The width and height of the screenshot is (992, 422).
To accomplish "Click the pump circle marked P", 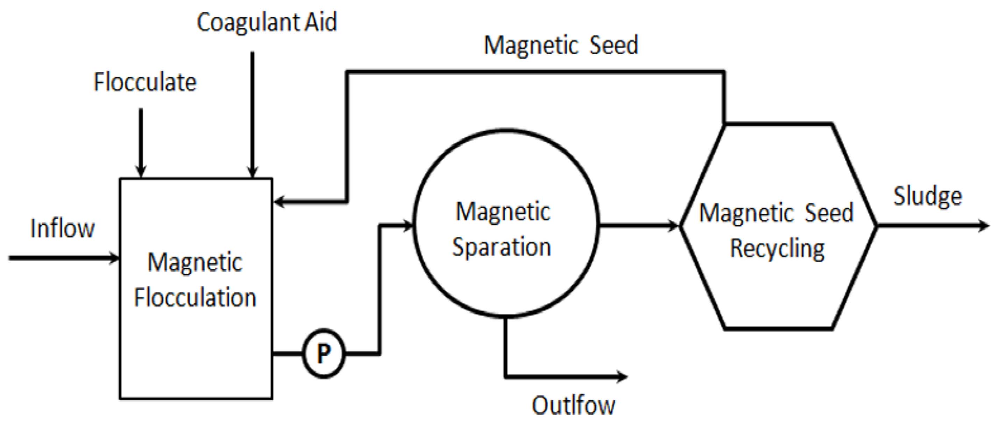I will click(324, 353).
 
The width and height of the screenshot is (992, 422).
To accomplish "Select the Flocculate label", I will click(145, 82).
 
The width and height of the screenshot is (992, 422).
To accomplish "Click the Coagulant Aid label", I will click(267, 22).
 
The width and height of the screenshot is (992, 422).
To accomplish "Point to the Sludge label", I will click(928, 196).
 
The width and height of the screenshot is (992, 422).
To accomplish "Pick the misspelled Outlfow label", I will click(573, 405).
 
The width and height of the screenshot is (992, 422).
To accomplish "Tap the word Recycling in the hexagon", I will click(778, 249).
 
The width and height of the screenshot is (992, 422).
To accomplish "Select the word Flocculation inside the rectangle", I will click(195, 298).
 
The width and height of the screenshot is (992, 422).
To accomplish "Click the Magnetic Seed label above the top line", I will click(561, 45).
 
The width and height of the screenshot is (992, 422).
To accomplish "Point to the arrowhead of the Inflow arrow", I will click(115, 258).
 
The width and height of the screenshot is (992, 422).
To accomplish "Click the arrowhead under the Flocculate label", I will click(141, 172).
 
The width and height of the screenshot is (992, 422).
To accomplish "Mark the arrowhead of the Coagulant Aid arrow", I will click(252, 172).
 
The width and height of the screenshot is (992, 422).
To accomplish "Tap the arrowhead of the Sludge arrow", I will click(984, 226).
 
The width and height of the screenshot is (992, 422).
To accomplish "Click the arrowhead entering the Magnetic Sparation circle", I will click(408, 226).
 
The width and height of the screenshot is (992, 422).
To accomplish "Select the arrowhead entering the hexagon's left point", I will click(674, 226).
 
